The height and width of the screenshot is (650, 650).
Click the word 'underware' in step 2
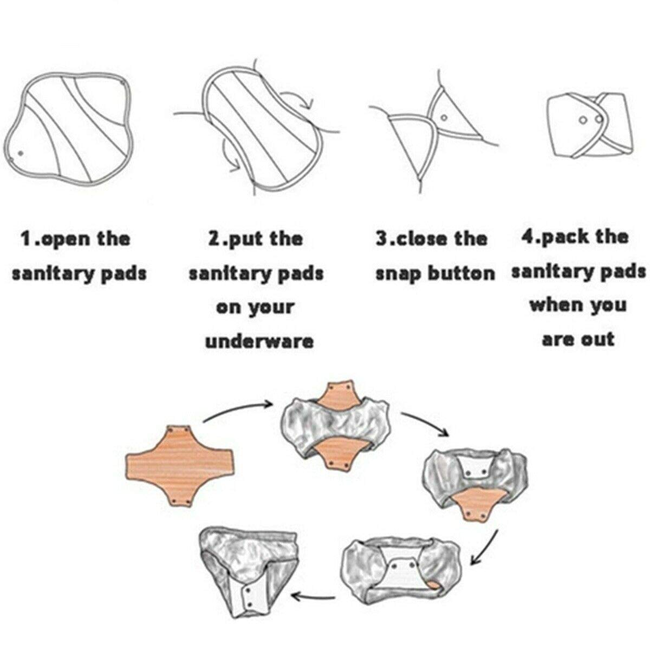[259, 342]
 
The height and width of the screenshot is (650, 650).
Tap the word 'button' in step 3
[461, 273]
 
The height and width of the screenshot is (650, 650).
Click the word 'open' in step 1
[63, 239]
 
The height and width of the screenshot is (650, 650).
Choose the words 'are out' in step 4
[578, 339]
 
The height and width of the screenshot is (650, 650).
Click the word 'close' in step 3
[421, 239]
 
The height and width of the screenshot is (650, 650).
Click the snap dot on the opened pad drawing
[21, 153]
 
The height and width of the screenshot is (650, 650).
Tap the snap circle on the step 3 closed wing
[444, 118]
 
